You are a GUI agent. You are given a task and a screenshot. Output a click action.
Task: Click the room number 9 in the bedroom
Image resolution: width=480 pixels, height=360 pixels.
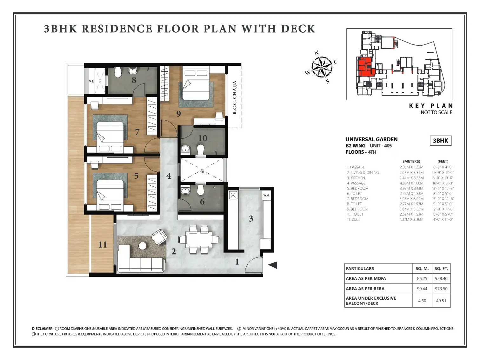179,114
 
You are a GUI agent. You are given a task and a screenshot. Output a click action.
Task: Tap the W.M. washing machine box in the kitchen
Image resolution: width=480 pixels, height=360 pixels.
266,195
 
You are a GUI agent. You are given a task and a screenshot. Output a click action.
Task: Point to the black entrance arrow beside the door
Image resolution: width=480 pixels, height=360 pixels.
273,265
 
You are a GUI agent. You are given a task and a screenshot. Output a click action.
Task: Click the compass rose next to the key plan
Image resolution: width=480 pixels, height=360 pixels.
322,67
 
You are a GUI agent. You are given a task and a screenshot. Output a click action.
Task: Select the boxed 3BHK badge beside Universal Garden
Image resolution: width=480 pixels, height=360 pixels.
440,141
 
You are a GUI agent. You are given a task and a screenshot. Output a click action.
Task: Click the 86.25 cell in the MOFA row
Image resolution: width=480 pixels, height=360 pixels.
422,278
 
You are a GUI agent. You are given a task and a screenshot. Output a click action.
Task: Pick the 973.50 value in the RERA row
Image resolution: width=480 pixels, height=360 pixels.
441,289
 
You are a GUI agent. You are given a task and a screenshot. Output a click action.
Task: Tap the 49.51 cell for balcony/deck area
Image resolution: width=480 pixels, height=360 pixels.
441,301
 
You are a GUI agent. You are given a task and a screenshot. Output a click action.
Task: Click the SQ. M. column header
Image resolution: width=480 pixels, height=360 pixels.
422,269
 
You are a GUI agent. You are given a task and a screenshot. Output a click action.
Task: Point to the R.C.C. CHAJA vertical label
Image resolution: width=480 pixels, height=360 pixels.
234,97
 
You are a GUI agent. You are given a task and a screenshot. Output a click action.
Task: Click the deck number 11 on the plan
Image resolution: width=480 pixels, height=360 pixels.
102,244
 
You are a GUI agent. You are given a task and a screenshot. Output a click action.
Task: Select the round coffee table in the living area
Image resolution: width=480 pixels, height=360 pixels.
143,246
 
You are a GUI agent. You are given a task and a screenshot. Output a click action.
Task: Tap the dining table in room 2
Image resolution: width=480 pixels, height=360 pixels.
199,239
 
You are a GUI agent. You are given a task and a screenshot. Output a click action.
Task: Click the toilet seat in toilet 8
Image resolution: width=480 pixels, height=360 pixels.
118,72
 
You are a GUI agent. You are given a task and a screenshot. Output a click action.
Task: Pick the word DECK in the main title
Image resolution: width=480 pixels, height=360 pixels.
298,29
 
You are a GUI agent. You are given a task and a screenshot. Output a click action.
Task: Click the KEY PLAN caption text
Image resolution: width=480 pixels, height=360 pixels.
430,106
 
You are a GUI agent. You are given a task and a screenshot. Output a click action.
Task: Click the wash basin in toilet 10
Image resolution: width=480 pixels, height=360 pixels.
185,149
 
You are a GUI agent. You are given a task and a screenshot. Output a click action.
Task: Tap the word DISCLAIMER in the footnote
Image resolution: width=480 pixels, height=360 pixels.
42,329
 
